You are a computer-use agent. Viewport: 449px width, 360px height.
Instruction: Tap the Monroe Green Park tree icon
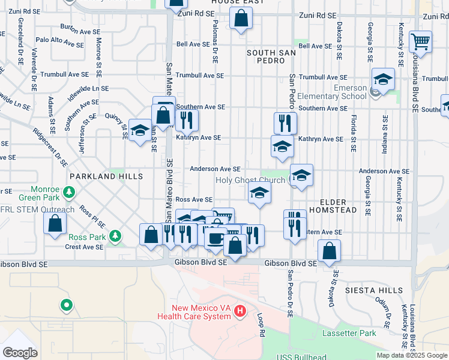pos(70,192)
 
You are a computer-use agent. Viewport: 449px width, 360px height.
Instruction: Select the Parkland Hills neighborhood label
pos(106,176)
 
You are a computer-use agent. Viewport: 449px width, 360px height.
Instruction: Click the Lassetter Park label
pos(349,333)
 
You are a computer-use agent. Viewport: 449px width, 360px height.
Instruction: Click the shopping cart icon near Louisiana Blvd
pos(421,41)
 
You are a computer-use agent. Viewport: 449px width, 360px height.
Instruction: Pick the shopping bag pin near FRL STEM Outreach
pos(55,223)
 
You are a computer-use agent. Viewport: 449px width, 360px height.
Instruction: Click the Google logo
pos(20,352)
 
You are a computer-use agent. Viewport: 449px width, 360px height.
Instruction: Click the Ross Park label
pos(87,237)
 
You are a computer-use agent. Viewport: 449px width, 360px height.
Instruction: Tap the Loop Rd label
pos(261,323)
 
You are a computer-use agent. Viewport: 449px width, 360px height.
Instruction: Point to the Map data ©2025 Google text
pos(412,355)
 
